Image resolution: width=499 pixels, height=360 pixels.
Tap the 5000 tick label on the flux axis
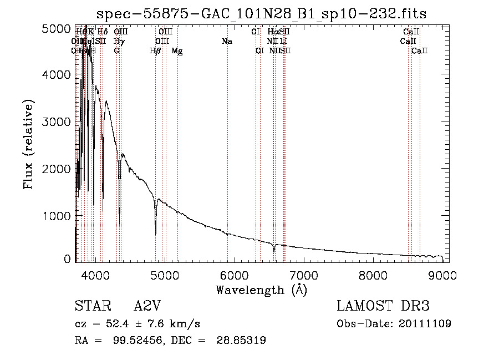57,28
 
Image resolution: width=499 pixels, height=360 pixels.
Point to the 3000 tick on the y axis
57,121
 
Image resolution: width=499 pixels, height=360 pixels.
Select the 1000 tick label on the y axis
57,215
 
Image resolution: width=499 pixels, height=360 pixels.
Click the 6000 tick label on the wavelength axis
234,275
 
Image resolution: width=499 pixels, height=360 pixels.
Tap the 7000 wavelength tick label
304,275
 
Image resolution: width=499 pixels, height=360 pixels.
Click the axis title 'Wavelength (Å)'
261,290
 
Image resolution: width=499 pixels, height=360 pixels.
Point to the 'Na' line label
226,42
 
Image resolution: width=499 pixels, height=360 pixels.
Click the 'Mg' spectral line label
177,51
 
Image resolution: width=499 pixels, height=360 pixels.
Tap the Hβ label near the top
155,51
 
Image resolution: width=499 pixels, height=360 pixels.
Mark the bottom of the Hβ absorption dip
155,233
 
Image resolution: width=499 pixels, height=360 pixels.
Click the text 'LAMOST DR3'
383,307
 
